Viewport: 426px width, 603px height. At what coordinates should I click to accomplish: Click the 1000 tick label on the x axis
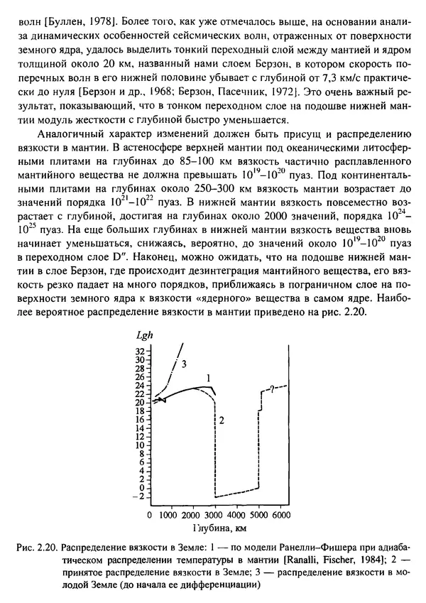[x=168, y=514]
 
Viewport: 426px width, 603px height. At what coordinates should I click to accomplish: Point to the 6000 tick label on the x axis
[x=282, y=514]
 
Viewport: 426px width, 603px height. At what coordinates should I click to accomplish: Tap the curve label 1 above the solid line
[x=208, y=377]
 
